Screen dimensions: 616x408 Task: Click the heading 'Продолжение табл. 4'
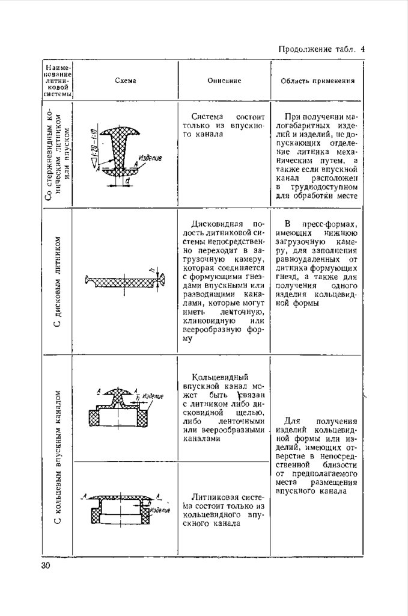[321, 49]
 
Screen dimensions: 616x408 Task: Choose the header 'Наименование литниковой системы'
[58, 80]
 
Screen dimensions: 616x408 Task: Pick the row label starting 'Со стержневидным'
[58, 153]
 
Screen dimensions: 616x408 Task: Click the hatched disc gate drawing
[124, 282]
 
